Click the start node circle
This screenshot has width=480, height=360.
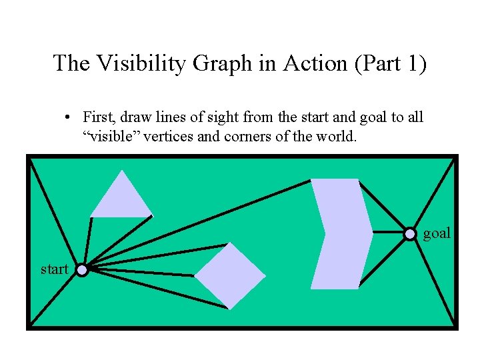click(81, 270)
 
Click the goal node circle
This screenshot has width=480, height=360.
click(411, 233)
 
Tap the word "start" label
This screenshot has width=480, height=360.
click(55, 269)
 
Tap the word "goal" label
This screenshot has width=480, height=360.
click(437, 233)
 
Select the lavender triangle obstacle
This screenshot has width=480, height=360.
click(122, 199)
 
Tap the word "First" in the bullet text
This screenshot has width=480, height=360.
click(97, 118)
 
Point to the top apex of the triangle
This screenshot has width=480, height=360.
click(122, 171)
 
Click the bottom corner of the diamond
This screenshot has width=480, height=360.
click(229, 309)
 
